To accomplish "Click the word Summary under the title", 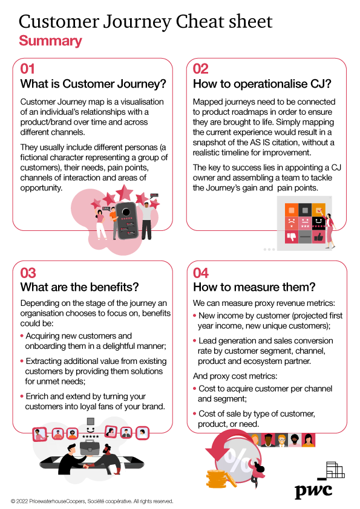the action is (50, 41).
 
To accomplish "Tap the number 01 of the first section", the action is (27, 69).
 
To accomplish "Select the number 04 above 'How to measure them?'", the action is (200, 273).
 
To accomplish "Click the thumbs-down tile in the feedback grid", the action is (292, 236).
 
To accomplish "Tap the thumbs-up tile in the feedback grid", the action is (319, 236).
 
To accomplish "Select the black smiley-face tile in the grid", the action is (319, 223).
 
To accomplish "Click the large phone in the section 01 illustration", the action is (127, 221).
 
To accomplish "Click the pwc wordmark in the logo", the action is (313, 490).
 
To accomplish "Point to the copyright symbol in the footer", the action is (13, 502).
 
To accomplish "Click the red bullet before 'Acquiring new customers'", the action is (22, 336).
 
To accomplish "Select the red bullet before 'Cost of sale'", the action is (195, 414).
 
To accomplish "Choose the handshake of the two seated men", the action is (87, 467).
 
